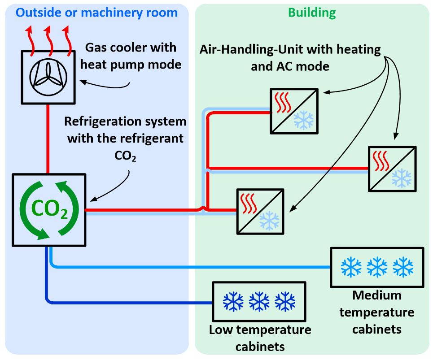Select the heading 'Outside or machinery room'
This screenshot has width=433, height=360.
tap(96, 12)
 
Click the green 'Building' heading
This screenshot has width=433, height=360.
tap(311, 12)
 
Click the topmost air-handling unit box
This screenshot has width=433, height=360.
tap(294, 111)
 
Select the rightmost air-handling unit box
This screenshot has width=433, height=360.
tap(392, 169)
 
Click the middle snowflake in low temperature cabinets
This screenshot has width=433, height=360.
tap(259, 302)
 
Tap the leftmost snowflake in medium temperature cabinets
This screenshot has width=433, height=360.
tap(351, 267)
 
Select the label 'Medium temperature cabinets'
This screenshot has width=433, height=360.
tap(376, 312)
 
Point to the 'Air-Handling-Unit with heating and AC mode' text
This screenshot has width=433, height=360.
tap(290, 58)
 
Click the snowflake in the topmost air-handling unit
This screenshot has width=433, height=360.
tap(304, 121)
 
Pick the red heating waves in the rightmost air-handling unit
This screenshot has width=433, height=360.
tap(382, 161)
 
